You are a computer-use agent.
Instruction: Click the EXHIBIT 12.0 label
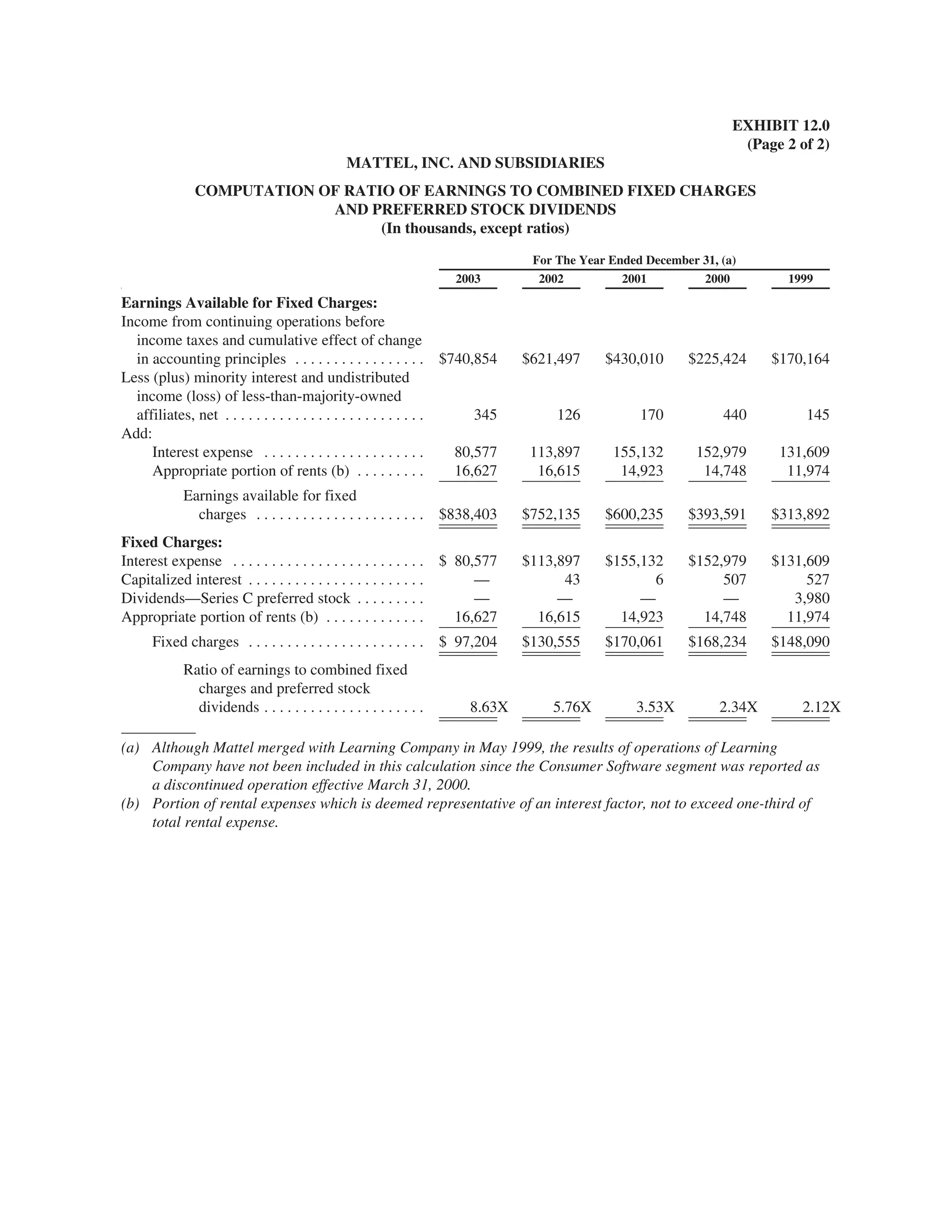(780, 125)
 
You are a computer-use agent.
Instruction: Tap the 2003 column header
(468, 278)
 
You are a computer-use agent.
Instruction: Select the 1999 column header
(800, 278)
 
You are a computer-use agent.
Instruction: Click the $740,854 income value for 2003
(468, 359)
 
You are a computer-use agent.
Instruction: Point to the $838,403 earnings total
(468, 514)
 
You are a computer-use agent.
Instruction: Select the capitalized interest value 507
(734, 579)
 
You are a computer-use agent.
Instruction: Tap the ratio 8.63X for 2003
(489, 707)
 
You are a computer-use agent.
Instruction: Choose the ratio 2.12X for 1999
(821, 707)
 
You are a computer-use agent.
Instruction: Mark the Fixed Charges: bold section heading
(172, 542)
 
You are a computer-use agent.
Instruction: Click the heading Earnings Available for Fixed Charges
(249, 303)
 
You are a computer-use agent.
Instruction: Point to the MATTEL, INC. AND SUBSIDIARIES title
(475, 163)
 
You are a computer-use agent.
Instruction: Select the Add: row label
(137, 433)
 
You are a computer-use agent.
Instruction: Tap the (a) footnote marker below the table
(130, 748)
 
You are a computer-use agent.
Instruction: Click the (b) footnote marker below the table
(130, 804)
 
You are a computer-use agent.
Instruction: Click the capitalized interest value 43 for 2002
(571, 579)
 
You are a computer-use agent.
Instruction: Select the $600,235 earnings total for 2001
(634, 514)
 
